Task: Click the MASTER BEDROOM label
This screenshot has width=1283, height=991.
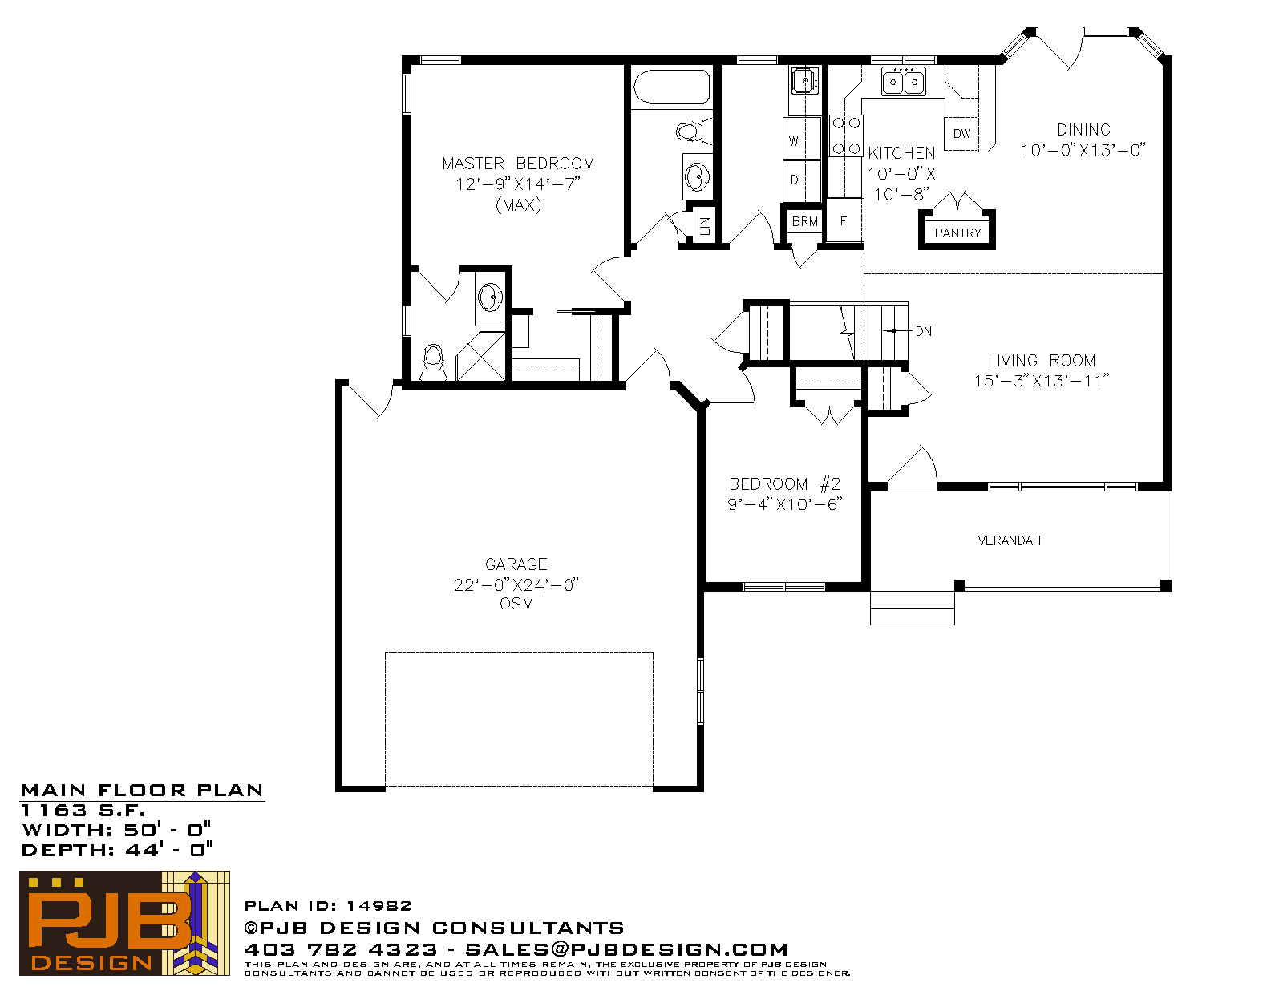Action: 518,164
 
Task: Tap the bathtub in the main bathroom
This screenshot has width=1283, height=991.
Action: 671,87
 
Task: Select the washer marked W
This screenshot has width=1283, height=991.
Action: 802,139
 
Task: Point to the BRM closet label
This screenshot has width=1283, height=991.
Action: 804,221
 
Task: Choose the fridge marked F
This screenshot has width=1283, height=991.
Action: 844,220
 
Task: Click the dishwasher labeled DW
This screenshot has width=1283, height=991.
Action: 961,133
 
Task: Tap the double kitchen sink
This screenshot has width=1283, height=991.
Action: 904,82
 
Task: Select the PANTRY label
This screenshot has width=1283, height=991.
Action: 957,233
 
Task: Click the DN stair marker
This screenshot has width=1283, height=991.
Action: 924,331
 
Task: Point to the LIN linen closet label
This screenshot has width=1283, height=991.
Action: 704,224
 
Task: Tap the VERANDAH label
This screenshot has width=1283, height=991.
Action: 1009,540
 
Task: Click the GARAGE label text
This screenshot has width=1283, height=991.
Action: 516,564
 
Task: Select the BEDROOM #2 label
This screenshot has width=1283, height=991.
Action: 785,484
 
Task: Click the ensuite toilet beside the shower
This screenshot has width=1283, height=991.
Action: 433,362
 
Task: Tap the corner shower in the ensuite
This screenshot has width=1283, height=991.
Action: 480,356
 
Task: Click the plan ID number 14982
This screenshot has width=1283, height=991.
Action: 378,905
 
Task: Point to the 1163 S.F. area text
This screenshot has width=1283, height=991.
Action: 83,810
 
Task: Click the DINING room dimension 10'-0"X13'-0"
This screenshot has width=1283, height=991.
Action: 1083,150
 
